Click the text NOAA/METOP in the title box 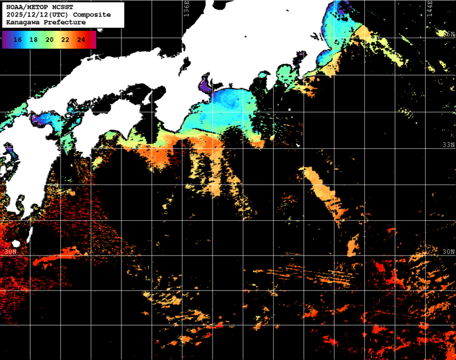tap(26, 7)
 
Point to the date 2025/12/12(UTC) tap(38, 14)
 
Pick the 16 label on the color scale tap(18, 40)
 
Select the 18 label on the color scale tap(34, 40)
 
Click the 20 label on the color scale tap(50, 40)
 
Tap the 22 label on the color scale tap(66, 40)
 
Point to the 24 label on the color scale tap(81, 40)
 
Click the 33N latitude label tap(449, 145)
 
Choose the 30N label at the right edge tap(449, 252)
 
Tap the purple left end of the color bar tap(5, 40)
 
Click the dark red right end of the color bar tap(93, 40)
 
